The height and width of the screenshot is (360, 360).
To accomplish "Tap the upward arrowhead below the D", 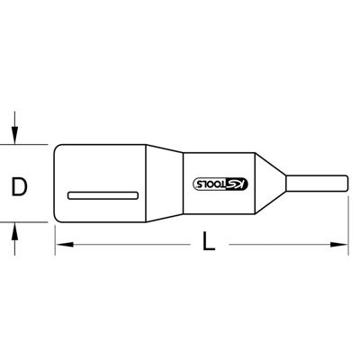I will [x=15, y=231].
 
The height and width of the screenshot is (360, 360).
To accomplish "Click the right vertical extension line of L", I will [x=347, y=225].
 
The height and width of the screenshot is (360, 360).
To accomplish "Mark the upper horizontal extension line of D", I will [x=31, y=144].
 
